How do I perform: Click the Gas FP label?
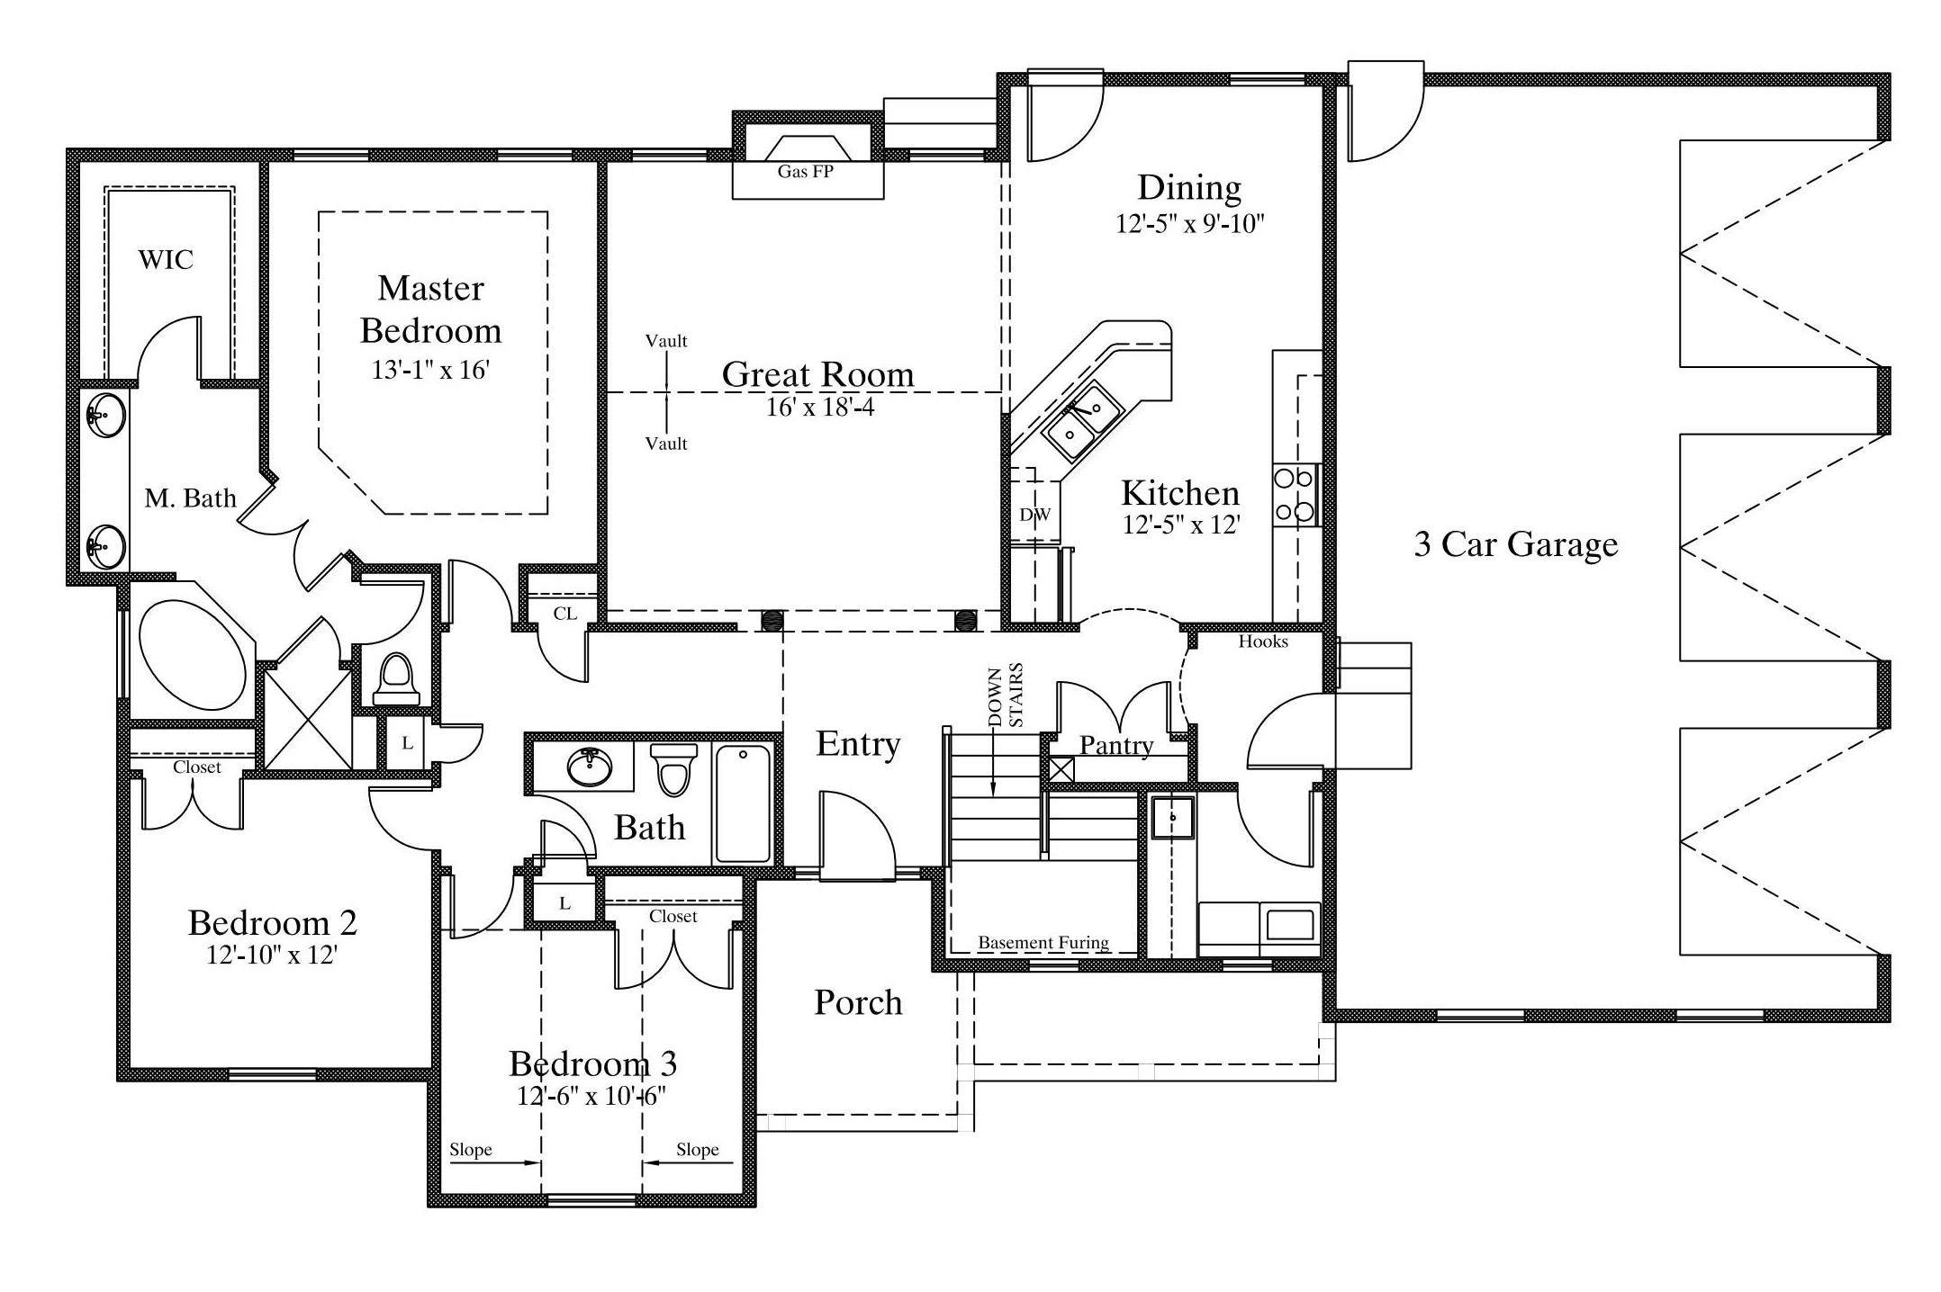point(805,171)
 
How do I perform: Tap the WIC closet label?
point(166,260)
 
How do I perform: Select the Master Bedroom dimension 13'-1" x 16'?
point(430,370)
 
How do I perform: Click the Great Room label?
point(817,374)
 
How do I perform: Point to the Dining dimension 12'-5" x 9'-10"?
point(1190,224)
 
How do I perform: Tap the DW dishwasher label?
point(1034,516)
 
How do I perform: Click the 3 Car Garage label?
point(1516,544)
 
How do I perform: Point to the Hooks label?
point(1263,642)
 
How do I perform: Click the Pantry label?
point(1116,745)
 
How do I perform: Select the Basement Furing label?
point(1043,943)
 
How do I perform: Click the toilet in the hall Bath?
point(674,768)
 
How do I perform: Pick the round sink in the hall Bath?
point(590,767)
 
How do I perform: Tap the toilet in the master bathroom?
point(396,679)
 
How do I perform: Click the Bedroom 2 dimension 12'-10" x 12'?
point(272,955)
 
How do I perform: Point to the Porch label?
point(858,1002)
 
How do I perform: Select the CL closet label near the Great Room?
point(565,614)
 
